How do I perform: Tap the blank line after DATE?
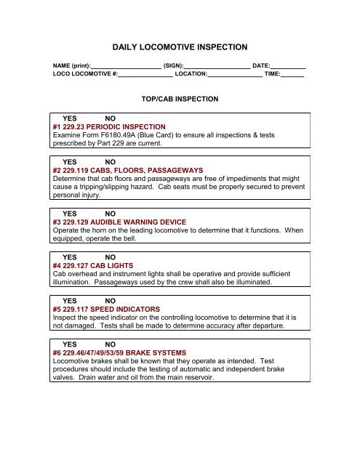287,65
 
